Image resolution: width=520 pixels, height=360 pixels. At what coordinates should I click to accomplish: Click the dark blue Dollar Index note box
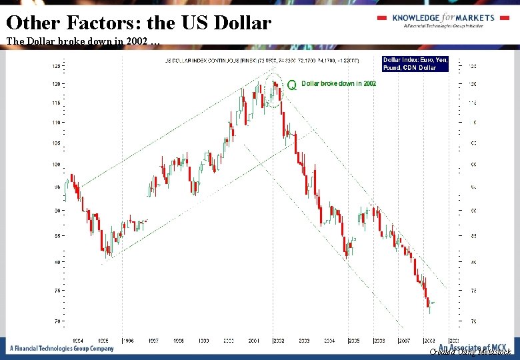pyautogui.click(x=415, y=64)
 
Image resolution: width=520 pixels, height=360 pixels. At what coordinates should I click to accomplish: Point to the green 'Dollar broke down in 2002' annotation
pyautogui.click(x=339, y=84)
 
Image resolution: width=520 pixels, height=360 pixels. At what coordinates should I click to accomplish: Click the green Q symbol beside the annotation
pyautogui.click(x=291, y=85)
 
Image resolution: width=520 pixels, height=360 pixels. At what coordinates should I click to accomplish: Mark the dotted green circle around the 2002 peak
pyautogui.click(x=274, y=91)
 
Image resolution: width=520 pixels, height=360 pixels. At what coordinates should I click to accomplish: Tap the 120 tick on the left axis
pyautogui.click(x=56, y=84)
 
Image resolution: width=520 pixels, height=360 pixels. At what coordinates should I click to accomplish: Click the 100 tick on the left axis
pyautogui.click(x=56, y=165)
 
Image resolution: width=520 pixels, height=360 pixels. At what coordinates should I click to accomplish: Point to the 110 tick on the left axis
pyautogui.click(x=56, y=123)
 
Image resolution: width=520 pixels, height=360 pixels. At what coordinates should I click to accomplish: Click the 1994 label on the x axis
pyautogui.click(x=78, y=341)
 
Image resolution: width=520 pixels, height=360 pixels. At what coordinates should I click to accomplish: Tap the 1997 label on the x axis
pyautogui.click(x=153, y=341)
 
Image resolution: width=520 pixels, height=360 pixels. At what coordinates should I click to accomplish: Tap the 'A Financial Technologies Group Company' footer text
pyautogui.click(x=61, y=349)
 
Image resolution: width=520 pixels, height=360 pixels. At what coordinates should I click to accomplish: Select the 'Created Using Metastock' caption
pyautogui.click(x=471, y=351)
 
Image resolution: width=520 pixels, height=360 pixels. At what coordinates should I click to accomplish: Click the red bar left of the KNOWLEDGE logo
pyautogui.click(x=382, y=17)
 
